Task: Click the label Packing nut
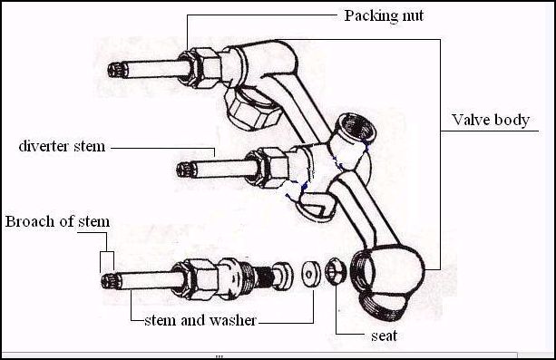(x=384, y=16)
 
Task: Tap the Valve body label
(x=491, y=121)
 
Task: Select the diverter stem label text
(x=62, y=146)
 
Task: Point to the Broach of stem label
(x=57, y=221)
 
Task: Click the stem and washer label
(x=200, y=320)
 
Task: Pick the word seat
(x=384, y=336)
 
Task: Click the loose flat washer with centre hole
(x=310, y=274)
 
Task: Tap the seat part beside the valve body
(x=335, y=271)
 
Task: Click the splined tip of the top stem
(x=118, y=70)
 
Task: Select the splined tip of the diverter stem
(x=187, y=170)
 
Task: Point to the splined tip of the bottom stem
(x=111, y=281)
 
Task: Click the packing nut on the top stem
(x=200, y=68)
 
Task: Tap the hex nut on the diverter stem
(x=267, y=168)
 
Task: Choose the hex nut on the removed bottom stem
(x=195, y=279)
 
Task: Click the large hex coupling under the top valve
(x=252, y=109)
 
